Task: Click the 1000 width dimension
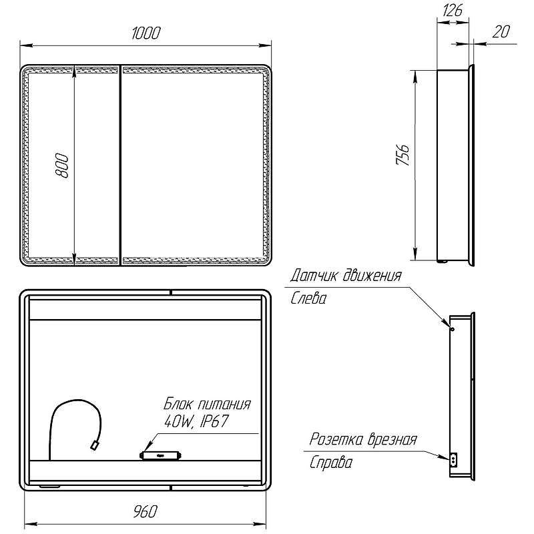point(146,33)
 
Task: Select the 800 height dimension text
point(62,166)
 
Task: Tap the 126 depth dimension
point(453,10)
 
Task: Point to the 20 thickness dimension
point(501,31)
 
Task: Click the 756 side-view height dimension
point(403,155)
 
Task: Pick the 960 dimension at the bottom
point(146,512)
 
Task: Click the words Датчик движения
point(346,276)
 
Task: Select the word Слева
point(308,298)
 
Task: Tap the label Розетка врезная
point(363,439)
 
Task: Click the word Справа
point(330,463)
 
